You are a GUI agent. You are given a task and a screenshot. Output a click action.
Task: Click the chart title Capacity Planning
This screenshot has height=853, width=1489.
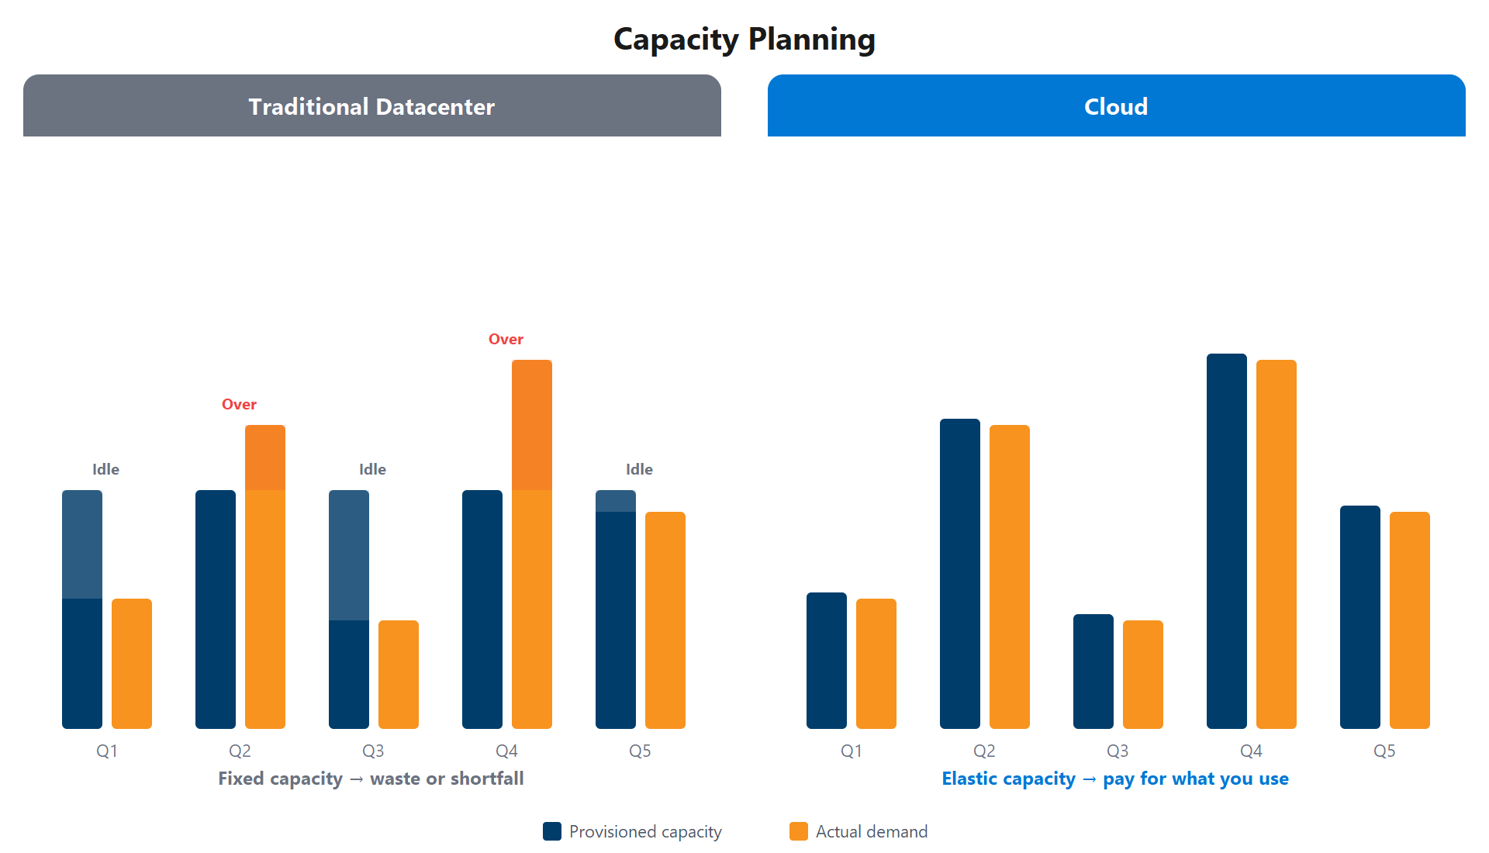coord(744,39)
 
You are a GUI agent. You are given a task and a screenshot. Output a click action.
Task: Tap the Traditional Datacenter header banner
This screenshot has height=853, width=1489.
coord(371,106)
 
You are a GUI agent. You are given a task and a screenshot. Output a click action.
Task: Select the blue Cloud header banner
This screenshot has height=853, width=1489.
coord(1116,106)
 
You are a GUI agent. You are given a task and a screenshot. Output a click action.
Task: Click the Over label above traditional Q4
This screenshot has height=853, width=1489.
coord(506,339)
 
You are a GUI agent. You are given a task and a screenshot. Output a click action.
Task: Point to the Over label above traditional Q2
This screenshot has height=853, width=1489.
coord(239,404)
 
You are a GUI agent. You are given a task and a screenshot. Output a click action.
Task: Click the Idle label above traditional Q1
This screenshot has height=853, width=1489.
coord(105,469)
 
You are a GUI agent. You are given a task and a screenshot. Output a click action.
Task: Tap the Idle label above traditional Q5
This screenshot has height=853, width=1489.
coord(639,469)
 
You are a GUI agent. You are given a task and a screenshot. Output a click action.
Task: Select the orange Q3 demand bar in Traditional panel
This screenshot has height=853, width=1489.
coord(399,675)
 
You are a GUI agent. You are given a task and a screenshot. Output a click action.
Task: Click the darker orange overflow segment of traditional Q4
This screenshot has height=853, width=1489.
coord(532,425)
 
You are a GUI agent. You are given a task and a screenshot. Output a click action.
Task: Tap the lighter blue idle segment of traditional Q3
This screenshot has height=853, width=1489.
coord(349,555)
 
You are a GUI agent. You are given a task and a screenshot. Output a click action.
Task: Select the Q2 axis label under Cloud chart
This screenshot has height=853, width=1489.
coord(984,751)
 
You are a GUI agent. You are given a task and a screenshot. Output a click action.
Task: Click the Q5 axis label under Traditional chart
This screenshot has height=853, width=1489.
coord(640,751)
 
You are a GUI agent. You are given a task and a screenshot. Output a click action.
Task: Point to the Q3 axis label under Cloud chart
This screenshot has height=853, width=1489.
coord(1118,751)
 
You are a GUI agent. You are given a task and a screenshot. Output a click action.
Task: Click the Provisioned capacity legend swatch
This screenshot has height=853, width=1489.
coord(552,831)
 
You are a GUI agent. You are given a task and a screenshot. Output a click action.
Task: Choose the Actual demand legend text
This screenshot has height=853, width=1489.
coord(871,831)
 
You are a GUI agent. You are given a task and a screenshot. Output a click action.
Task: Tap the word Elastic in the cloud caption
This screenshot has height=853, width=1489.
coord(969,779)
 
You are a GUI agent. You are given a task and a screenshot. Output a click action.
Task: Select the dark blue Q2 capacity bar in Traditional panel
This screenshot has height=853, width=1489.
coord(216,609)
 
